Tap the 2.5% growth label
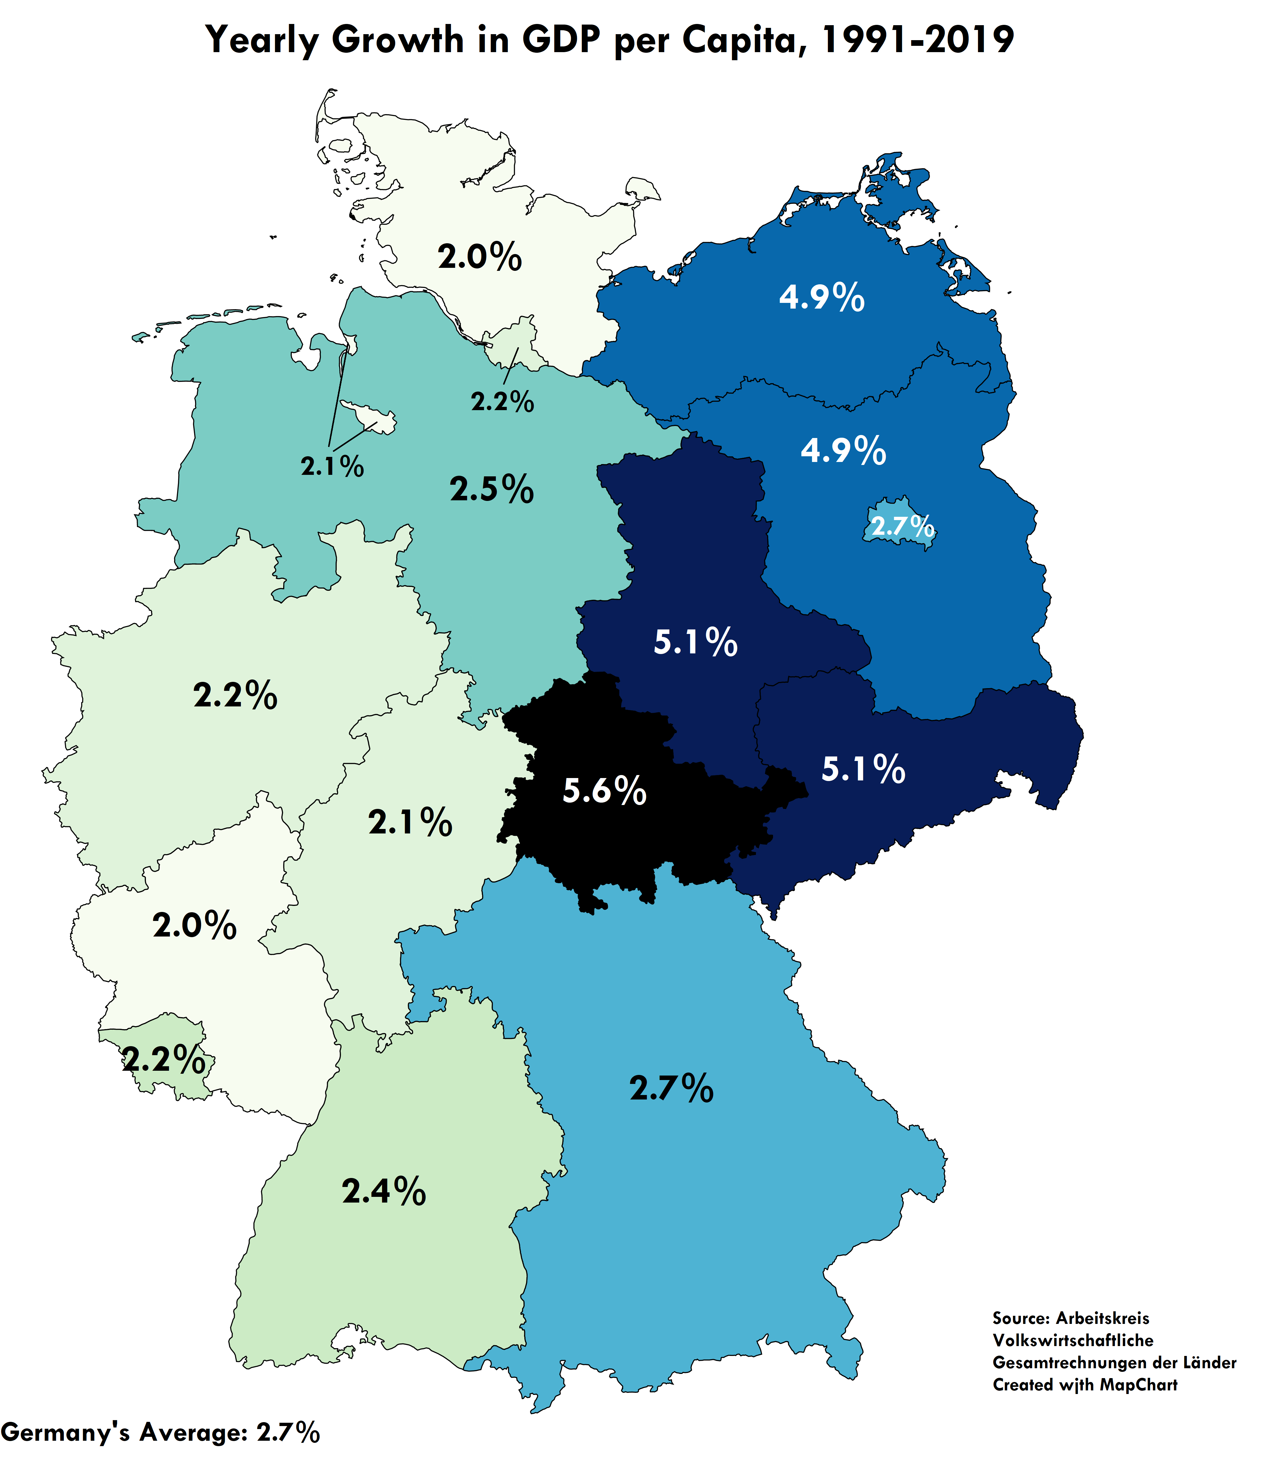(x=492, y=489)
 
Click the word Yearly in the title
(x=262, y=40)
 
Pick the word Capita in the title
(x=743, y=40)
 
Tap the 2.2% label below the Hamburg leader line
(x=502, y=402)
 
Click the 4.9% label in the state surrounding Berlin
(x=843, y=450)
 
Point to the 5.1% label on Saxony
(x=863, y=768)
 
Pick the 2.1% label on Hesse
(x=410, y=822)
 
